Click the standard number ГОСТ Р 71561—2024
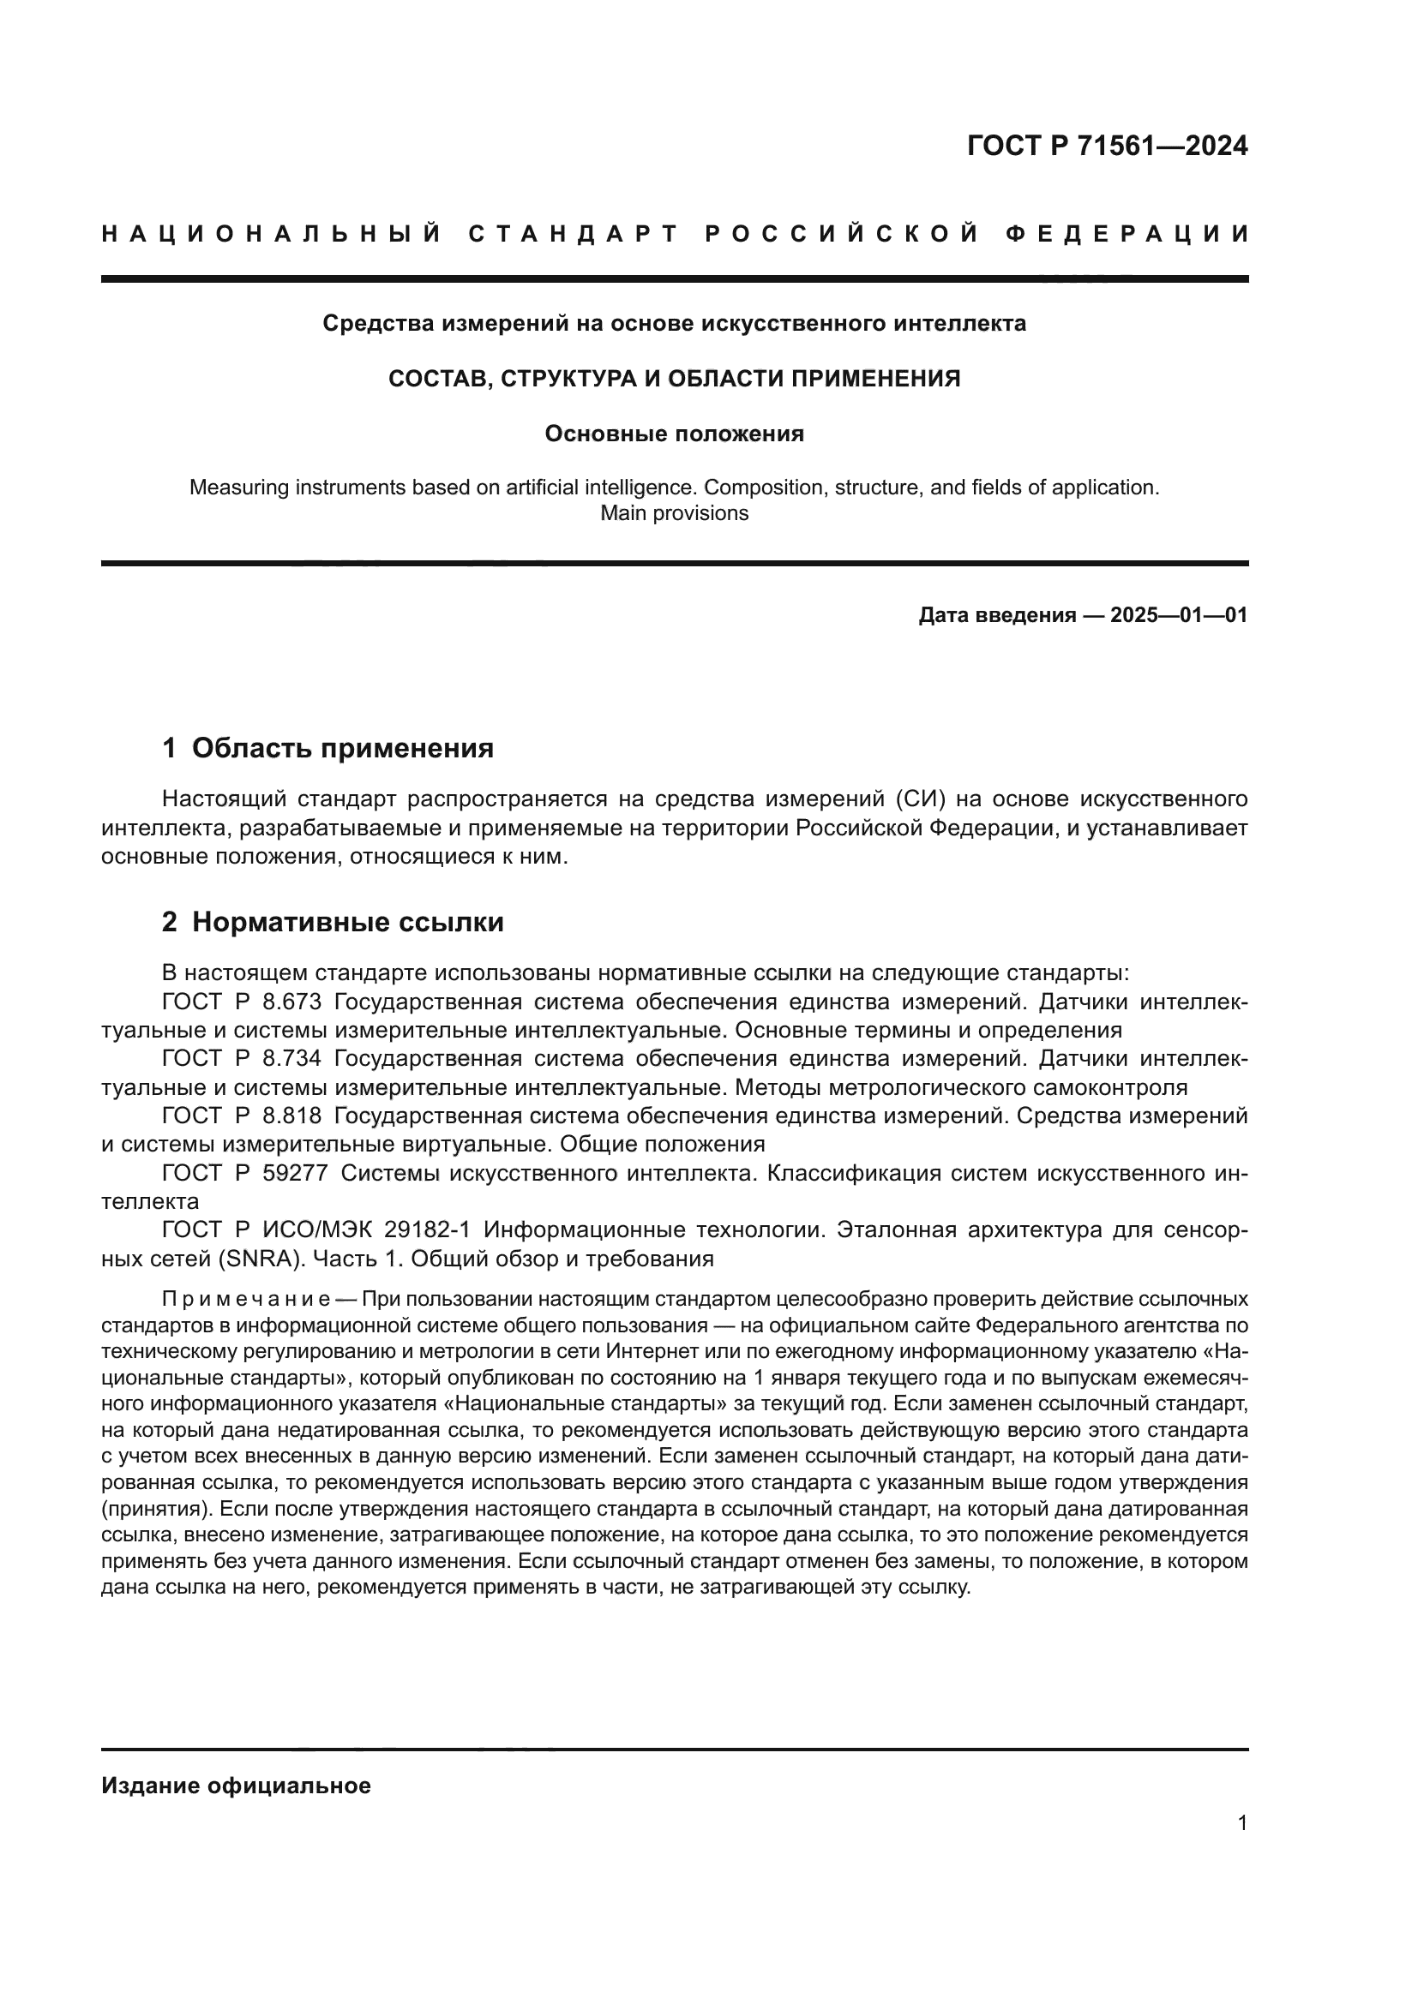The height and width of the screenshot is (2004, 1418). click(x=1107, y=146)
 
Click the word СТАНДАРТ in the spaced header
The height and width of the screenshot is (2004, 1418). click(x=573, y=234)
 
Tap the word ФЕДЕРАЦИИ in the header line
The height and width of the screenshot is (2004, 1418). click(x=1127, y=234)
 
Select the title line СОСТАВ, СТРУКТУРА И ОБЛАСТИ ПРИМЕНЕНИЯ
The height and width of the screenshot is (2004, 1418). click(x=674, y=379)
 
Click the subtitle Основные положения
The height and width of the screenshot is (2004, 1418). click(x=674, y=434)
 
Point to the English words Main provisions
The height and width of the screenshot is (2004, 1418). click(x=674, y=513)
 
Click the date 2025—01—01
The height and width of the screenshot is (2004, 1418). click(x=1179, y=615)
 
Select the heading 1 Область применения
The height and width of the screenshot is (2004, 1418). click(x=328, y=748)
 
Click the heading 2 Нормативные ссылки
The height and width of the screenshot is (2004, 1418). click(x=333, y=923)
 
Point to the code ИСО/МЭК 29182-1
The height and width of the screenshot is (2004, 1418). click(x=367, y=1230)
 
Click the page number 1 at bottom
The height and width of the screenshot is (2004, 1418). click(x=1242, y=1823)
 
